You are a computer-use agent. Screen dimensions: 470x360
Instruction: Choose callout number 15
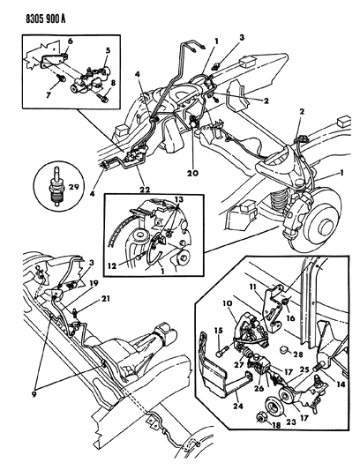[216, 331]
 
